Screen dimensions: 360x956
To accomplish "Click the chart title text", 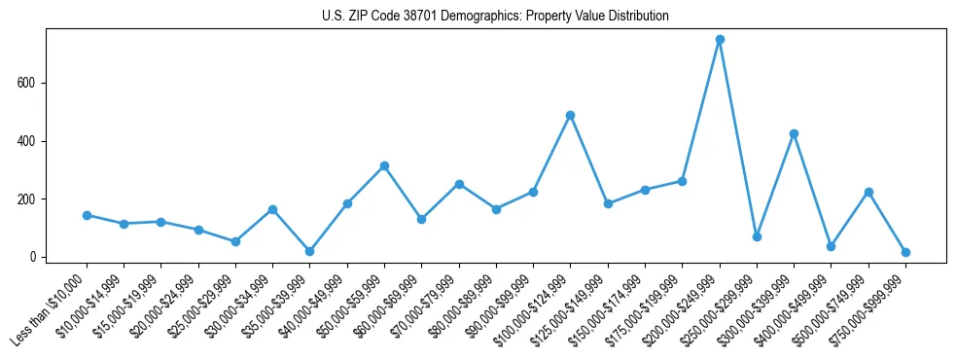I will point(495,17).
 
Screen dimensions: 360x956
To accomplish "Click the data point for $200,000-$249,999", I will point(720,40).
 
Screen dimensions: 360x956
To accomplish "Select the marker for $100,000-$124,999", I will point(571,115).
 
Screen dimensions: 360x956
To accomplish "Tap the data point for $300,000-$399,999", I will point(794,133).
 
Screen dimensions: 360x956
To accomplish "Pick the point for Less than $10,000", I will point(87,215).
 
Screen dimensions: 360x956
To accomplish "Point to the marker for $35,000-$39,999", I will point(309,251).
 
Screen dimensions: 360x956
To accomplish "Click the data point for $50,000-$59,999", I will point(384,165).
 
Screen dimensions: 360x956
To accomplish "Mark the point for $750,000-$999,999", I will point(905,252).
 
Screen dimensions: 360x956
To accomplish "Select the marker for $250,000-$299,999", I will point(757,236).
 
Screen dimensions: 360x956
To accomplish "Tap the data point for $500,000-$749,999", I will point(868,192).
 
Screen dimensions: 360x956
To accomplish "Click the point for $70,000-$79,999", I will point(459,184).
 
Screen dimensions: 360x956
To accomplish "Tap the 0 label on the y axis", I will point(36,258).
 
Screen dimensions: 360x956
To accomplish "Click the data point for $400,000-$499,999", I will point(831,246).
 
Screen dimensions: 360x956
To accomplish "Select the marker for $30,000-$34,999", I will point(272,209).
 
